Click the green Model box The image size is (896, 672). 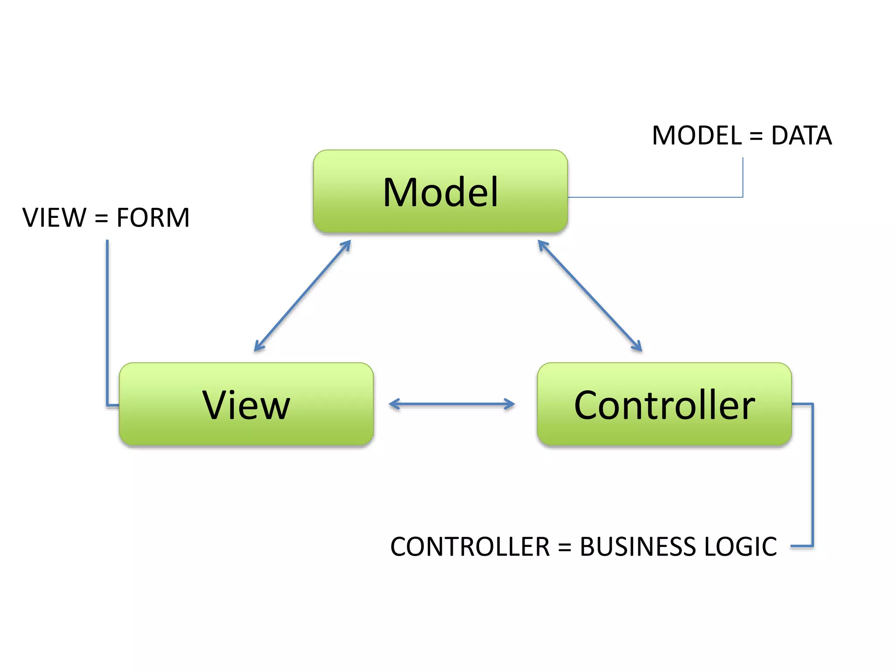pos(440,192)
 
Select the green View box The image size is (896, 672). pos(246,404)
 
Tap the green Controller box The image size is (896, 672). pos(664,404)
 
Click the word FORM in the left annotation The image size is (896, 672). pos(153,217)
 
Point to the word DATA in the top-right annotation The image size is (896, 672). pos(801,135)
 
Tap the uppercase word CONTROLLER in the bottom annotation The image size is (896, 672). pos(470,546)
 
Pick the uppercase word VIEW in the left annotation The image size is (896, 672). pos(54,217)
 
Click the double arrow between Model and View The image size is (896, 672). pos(302,296)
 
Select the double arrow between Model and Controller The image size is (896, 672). pos(590,296)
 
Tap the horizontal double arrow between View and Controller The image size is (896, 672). pos(451,404)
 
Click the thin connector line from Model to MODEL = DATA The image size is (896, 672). pos(656,197)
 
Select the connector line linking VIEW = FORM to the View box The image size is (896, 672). pos(107,324)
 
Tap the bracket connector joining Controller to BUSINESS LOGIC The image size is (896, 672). pos(812,477)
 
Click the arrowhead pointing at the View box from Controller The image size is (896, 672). pos(393,404)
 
